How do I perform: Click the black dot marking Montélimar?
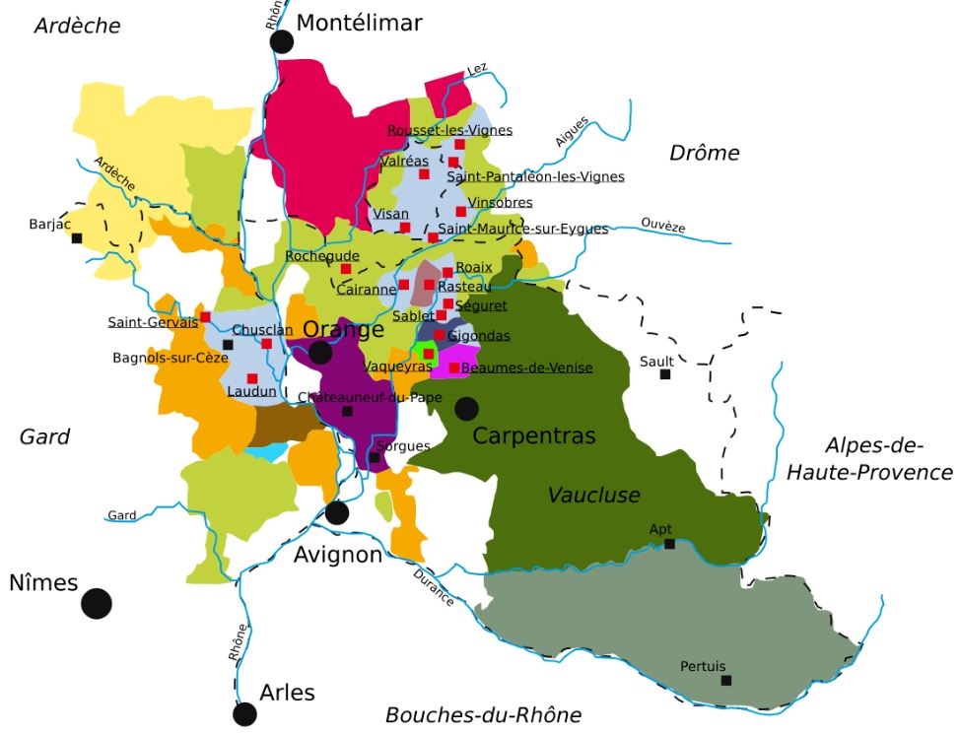click(x=283, y=41)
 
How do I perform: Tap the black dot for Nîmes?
click(x=96, y=603)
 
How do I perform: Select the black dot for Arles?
click(x=244, y=714)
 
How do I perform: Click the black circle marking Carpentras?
click(x=466, y=408)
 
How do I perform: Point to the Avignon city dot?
click(x=337, y=512)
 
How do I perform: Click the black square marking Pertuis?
click(x=726, y=681)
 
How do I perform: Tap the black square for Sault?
click(x=665, y=374)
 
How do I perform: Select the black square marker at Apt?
click(x=669, y=544)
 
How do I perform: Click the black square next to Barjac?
click(x=77, y=237)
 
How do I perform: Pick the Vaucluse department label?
click(x=593, y=495)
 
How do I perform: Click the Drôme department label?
click(x=704, y=153)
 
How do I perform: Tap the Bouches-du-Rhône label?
click(x=483, y=714)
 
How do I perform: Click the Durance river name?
click(x=434, y=587)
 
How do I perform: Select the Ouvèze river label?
click(x=662, y=226)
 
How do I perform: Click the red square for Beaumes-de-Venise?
click(x=454, y=368)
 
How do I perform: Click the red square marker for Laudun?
click(x=252, y=378)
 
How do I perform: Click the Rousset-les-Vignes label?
click(x=449, y=130)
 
